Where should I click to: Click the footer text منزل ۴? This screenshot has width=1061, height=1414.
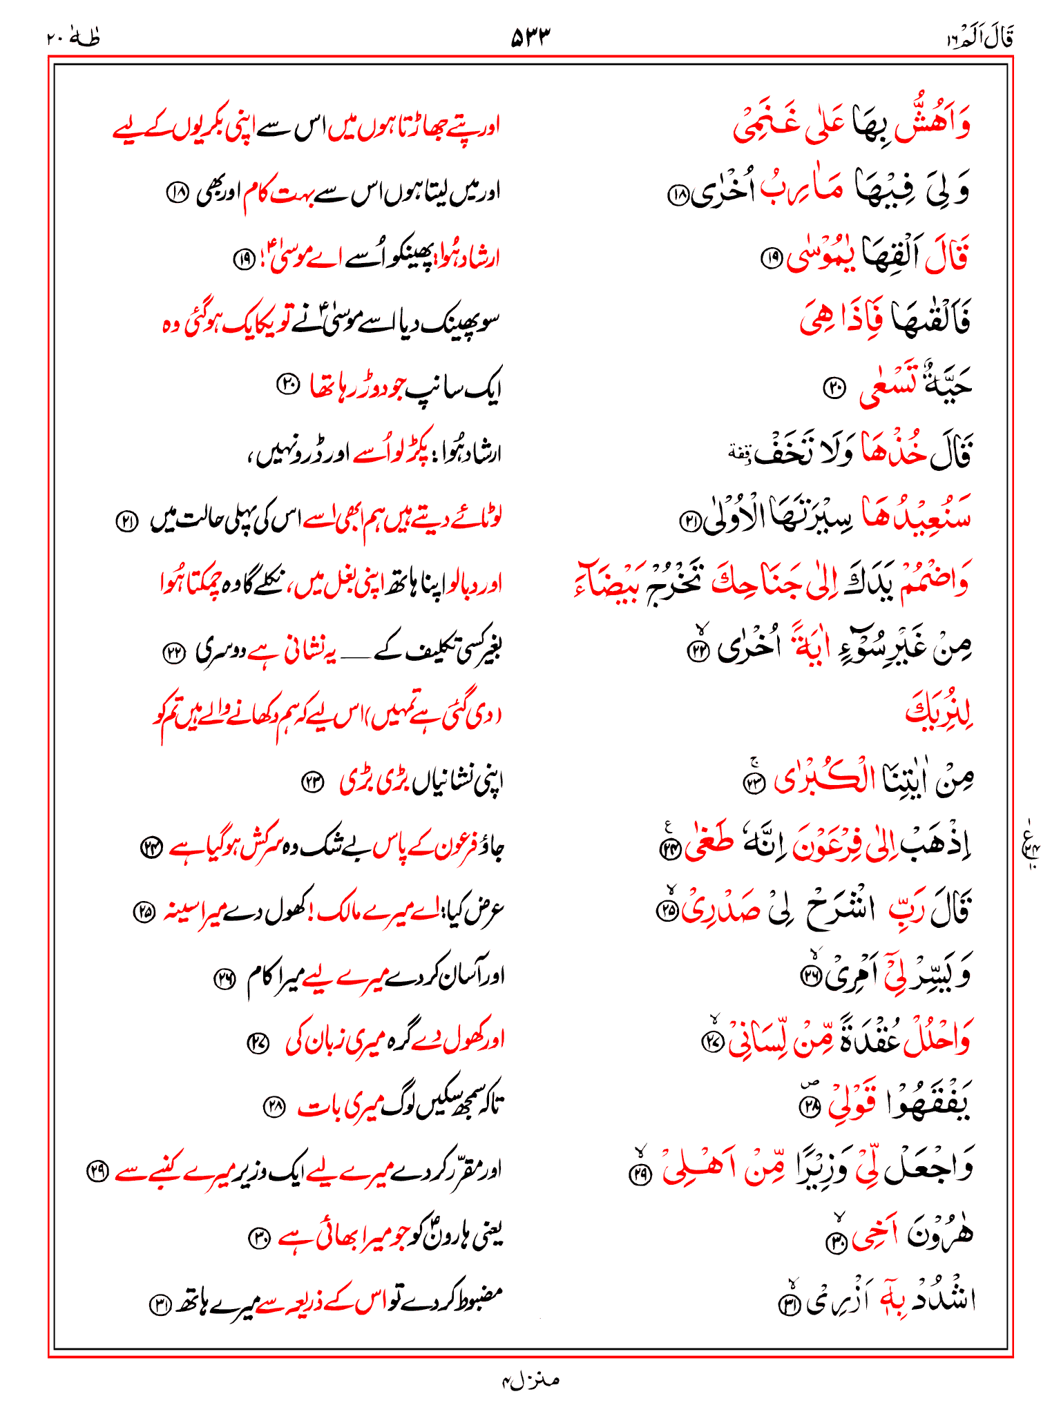point(530,1380)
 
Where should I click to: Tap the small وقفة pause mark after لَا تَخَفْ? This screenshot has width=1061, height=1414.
point(738,452)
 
